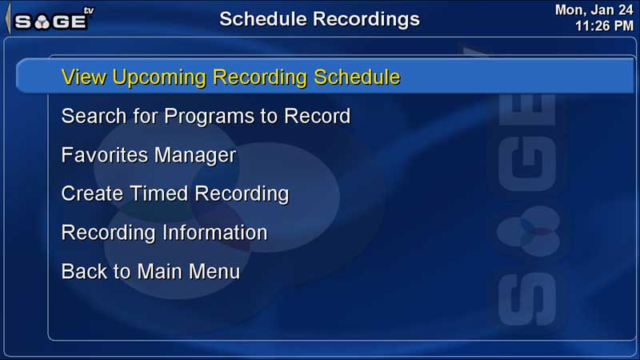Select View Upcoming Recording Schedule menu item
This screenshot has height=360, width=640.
coord(230,77)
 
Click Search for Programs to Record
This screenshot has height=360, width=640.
coord(206,116)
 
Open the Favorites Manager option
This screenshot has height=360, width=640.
coord(149,155)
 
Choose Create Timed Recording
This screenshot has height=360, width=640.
coord(175,194)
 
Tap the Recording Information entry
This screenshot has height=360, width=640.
coord(165,233)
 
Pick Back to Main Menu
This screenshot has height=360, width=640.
coord(150,271)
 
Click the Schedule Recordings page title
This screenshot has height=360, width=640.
coord(319,18)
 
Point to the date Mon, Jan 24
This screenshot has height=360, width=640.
coord(594,10)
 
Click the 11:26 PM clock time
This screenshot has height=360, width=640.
coord(604,26)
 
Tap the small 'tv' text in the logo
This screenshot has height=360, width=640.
coord(88,10)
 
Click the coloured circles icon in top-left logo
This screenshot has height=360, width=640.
coord(42,22)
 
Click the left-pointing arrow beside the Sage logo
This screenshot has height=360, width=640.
coord(8,18)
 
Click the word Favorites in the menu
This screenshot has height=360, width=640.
coord(105,155)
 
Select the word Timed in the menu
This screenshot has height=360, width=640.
coord(159,194)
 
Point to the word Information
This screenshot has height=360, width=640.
coord(215,233)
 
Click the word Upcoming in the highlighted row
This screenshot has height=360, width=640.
coord(159,78)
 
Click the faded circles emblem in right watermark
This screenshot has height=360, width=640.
coord(529,231)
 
